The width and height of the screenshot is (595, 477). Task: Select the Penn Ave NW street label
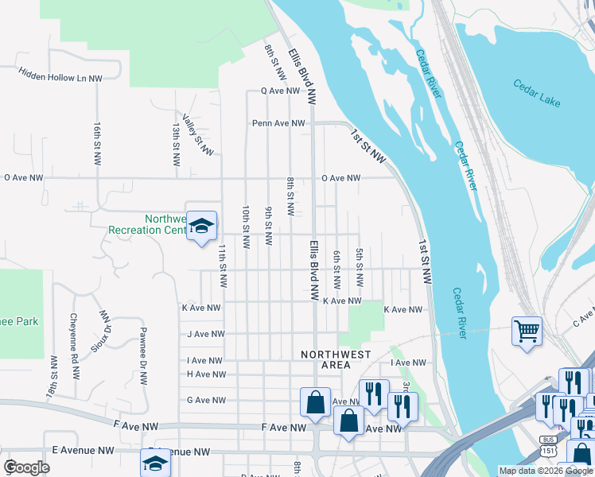[278, 123]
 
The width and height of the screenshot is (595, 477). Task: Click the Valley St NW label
[197, 134]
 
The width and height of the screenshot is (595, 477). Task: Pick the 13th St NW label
[176, 144]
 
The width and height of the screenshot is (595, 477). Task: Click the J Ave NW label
[206, 335]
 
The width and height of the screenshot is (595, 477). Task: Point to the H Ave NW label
[206, 374]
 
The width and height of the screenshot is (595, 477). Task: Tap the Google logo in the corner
[27, 467]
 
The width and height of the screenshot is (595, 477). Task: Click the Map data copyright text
[546, 471]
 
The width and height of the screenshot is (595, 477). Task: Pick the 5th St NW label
[360, 268]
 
